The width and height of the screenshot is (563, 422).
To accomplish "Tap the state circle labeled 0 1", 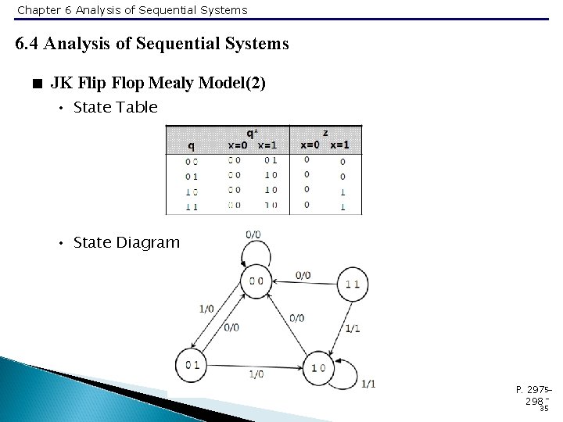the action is point(192,365).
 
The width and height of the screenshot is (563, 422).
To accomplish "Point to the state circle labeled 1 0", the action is point(318,367).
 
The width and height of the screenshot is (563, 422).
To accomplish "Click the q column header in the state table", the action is point(191,145).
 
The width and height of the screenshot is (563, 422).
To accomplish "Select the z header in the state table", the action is point(325,133).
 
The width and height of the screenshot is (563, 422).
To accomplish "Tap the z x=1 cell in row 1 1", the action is point(342,206).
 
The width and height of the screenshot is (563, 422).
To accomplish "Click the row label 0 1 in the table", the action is point(191,177).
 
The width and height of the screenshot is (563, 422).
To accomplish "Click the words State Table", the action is point(115,107).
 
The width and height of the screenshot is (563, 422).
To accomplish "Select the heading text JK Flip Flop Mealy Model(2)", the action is point(158,83).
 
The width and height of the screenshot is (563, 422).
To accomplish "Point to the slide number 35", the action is point(543,407).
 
